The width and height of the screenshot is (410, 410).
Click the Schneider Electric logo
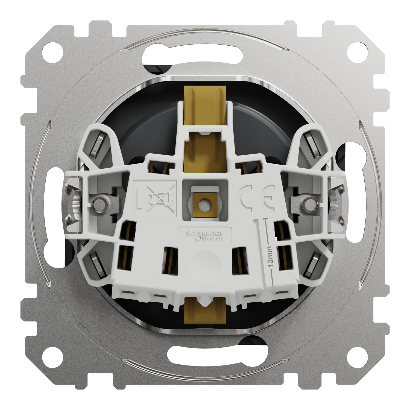click(x=205, y=235)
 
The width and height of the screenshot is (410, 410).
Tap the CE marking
click(x=256, y=197)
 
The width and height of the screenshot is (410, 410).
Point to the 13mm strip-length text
click(x=270, y=256)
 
